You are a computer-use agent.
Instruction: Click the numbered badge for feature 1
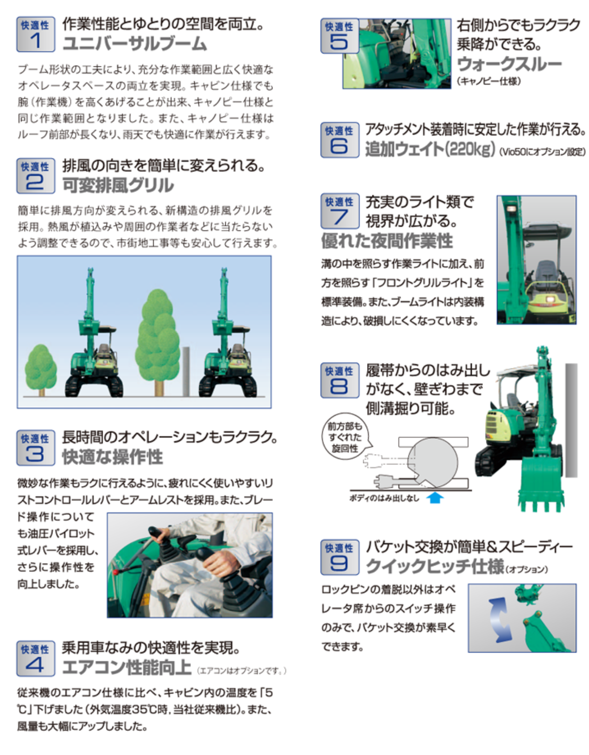35,34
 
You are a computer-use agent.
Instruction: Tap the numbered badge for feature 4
35,658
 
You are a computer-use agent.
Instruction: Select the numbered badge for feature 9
339,557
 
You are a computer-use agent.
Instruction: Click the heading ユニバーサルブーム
135,44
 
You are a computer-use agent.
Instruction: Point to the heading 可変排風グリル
118,185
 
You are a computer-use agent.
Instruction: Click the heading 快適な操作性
112,457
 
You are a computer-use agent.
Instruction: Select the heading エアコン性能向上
127,667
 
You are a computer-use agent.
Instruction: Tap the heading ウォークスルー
509,64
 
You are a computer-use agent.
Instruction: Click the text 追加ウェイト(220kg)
430,149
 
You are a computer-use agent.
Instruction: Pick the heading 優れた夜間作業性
387,241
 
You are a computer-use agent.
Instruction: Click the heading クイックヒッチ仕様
435,566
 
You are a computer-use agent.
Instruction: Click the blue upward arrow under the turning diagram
434,497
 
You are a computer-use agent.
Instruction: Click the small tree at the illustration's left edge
41,369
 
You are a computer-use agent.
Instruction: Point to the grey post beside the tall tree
186,371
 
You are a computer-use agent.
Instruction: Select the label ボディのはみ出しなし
384,498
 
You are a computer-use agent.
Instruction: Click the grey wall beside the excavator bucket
571,420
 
